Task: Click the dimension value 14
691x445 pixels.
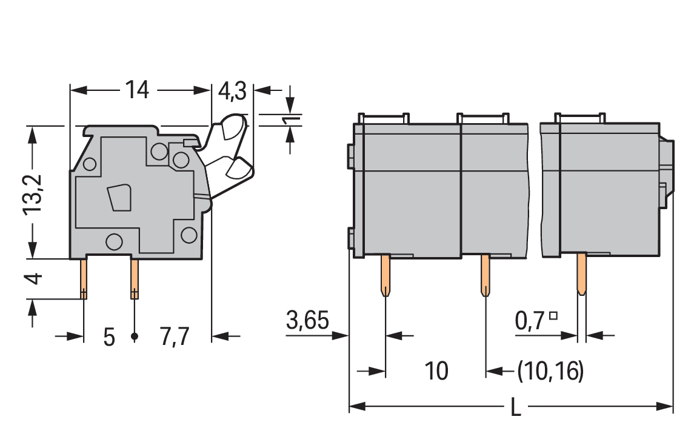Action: (x=138, y=90)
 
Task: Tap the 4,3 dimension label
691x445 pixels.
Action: (x=232, y=92)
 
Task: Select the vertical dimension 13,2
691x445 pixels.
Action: (x=33, y=194)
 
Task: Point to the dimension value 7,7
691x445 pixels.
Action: (x=175, y=337)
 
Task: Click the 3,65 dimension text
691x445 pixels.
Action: (x=307, y=320)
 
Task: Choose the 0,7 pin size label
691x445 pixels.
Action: (x=530, y=321)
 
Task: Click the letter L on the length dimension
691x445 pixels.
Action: (x=515, y=407)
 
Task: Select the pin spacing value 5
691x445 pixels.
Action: (x=109, y=338)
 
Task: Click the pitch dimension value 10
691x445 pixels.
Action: (x=436, y=371)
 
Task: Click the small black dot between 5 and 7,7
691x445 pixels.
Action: (x=135, y=336)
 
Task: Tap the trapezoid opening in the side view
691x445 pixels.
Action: (x=119, y=198)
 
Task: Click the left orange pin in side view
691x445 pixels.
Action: (x=83, y=279)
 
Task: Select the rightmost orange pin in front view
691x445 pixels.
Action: (x=582, y=273)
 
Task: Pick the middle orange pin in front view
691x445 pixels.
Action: (x=485, y=275)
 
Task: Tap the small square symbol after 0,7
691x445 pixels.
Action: (x=553, y=315)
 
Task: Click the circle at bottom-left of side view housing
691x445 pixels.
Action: (x=114, y=241)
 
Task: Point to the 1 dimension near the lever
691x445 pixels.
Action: (x=291, y=120)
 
